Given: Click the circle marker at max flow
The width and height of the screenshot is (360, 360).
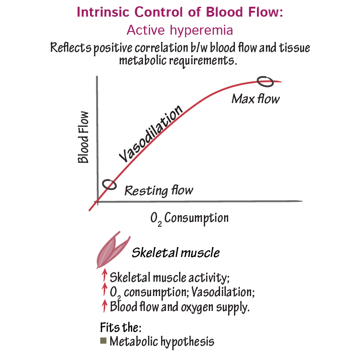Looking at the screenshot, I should (265, 81).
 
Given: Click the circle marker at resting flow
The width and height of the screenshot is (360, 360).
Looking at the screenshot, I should (108, 184).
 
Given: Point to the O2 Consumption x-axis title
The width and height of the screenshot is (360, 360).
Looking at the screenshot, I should (189, 219).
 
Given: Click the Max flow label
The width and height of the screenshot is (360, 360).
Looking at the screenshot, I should (255, 98).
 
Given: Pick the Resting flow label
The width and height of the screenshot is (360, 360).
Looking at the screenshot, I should (158, 190).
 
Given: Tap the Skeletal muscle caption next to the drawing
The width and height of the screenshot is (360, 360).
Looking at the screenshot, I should (175, 252).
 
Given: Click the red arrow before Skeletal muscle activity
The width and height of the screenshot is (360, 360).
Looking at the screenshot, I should (104, 275).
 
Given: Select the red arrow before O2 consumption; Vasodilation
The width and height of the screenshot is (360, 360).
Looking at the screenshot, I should (104, 291).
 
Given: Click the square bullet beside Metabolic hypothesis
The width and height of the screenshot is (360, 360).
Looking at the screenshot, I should (103, 341).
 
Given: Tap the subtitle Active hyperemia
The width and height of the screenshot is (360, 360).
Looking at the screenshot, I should (180, 30).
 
